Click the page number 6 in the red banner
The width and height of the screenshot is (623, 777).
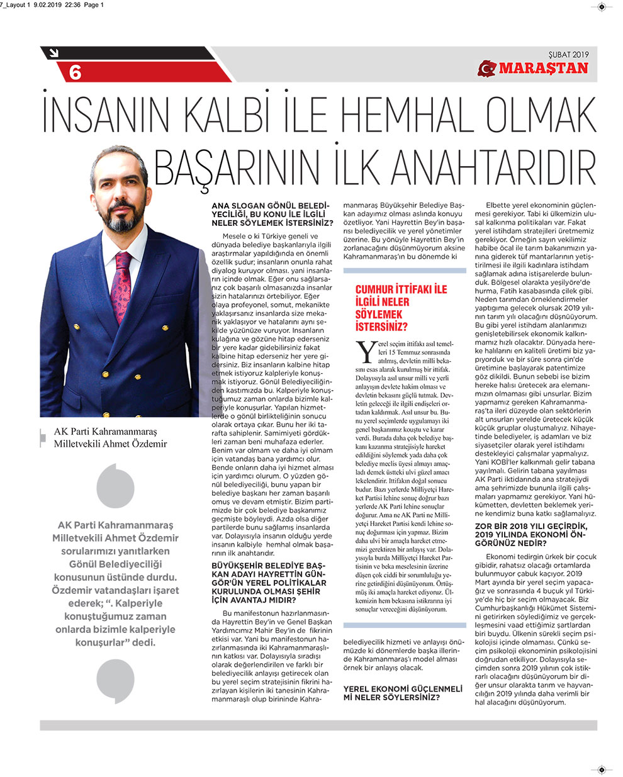pos(75,73)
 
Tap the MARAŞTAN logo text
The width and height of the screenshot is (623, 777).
pos(544,68)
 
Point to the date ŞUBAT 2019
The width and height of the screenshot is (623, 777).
pos(568,54)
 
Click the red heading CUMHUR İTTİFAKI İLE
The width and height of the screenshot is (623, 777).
pos(401,289)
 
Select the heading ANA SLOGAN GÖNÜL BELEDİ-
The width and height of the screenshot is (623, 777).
pos(271,206)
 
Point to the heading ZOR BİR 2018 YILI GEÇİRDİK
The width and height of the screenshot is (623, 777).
pos(531,526)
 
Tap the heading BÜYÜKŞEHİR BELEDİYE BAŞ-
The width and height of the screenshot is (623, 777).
pos(269,566)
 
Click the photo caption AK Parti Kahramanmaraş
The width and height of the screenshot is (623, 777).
pos(106,432)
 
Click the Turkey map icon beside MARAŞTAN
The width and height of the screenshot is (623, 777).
pos(487,68)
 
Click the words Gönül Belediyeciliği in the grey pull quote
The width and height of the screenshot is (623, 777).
pos(115,564)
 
